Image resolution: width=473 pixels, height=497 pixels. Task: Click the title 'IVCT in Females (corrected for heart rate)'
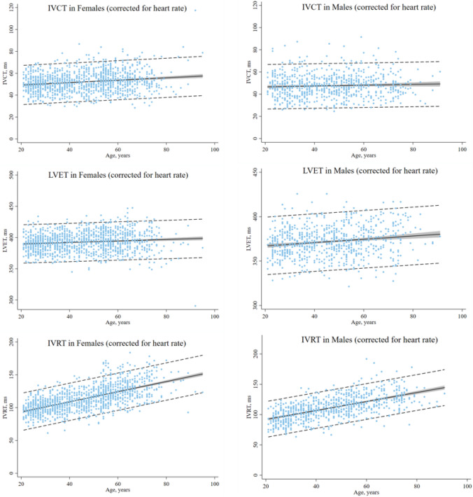click(x=118, y=8)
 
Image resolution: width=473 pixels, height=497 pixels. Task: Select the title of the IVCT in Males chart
click(x=369, y=7)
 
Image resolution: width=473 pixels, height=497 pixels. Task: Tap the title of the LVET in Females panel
click(x=118, y=175)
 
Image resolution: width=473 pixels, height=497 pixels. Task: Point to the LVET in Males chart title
click(x=370, y=171)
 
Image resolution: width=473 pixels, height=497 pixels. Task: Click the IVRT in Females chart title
click(x=117, y=343)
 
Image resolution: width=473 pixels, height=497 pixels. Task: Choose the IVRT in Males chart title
click(x=369, y=339)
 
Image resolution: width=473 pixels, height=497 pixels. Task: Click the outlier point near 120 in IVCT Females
click(x=195, y=10)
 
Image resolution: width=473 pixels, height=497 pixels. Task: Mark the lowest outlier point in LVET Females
click(x=195, y=306)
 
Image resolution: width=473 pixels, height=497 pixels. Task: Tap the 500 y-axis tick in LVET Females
click(x=12, y=175)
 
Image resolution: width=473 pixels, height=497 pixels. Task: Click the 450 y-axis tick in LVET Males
click(x=256, y=172)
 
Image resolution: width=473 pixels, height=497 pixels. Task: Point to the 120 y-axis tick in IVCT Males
click(x=256, y=6)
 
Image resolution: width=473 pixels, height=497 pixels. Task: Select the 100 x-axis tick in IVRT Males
click(x=467, y=486)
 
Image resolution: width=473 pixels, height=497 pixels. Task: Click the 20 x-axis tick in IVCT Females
click(x=21, y=150)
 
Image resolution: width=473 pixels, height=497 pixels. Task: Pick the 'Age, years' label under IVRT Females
click(x=118, y=490)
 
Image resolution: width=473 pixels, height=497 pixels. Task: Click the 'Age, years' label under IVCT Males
click(x=363, y=155)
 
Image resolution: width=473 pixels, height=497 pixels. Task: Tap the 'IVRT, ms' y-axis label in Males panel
click(x=249, y=407)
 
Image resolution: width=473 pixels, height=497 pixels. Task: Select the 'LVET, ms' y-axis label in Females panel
click(x=5, y=241)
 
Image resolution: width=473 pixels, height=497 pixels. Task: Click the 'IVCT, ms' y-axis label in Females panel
click(x=5, y=73)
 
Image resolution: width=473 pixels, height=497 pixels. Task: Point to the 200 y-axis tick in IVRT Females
click(x=12, y=342)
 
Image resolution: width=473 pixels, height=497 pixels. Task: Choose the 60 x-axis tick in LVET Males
click(x=363, y=316)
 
